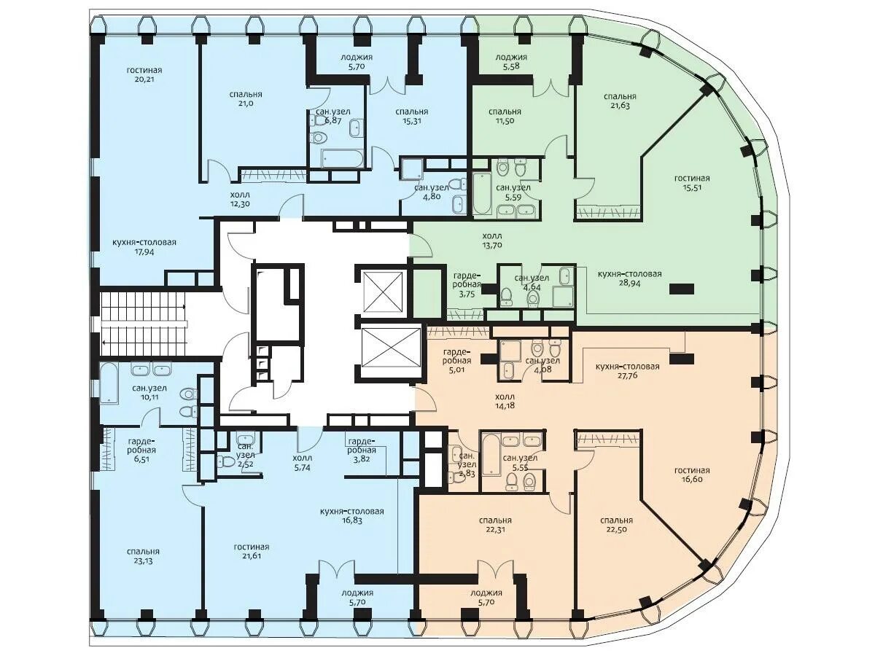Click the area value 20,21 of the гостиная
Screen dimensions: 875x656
click(144, 79)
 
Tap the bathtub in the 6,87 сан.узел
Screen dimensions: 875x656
click(343, 158)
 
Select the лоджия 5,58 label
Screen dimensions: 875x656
click(511, 62)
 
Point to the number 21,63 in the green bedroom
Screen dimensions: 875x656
click(620, 106)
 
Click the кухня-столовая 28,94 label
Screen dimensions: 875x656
click(629, 278)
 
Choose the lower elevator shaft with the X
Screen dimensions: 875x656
click(392, 347)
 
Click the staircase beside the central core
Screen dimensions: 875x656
click(144, 324)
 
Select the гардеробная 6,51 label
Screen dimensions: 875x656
click(141, 450)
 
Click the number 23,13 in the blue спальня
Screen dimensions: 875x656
click(143, 561)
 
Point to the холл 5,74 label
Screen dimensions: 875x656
click(303, 463)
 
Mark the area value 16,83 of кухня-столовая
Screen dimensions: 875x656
click(352, 520)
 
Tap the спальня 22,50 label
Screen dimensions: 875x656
click(616, 525)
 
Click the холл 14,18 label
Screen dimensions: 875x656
click(505, 401)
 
